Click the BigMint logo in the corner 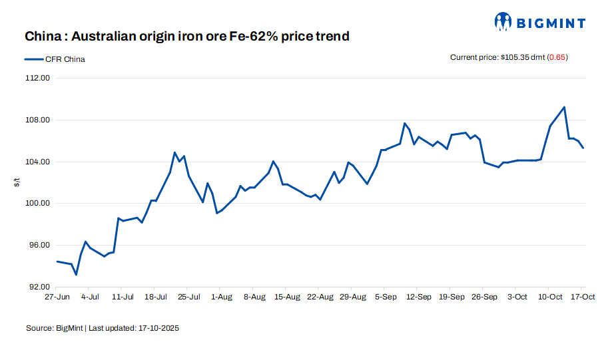(x=540, y=23)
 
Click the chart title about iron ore (x=187, y=36)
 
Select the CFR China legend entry (x=55, y=59)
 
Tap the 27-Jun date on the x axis (x=57, y=297)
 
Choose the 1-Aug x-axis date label (x=221, y=297)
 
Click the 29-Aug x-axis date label (x=352, y=297)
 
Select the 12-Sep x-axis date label (x=419, y=297)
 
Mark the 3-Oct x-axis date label (x=517, y=297)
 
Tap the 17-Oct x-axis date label (x=583, y=297)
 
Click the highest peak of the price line (x=564, y=107)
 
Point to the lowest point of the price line (x=76, y=274)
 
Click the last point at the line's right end (x=583, y=148)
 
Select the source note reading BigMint (x=103, y=328)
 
